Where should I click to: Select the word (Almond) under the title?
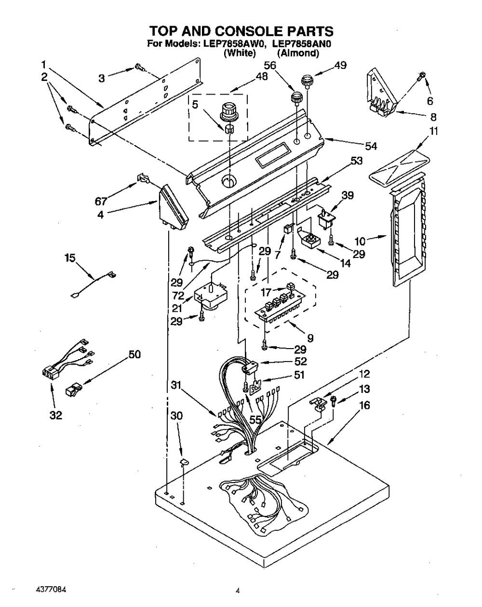pos(298,53)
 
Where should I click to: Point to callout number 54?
pos(371,146)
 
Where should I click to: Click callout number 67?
pos(101,201)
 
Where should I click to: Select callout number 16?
pos(364,405)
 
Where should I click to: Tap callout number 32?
pos(55,415)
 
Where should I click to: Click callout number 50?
pos(134,354)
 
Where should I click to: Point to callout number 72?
pos(178,296)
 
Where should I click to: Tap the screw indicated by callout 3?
pos(140,67)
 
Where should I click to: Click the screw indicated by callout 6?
pos(422,76)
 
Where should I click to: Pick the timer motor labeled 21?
pos(210,297)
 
